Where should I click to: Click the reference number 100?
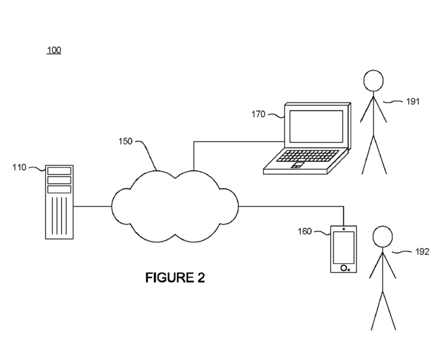pyautogui.click(x=54, y=50)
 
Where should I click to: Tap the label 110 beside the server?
pyautogui.click(x=19, y=167)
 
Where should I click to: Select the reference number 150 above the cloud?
pyautogui.click(x=125, y=142)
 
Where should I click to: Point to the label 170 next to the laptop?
pyautogui.click(x=258, y=114)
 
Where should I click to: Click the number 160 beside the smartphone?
pyautogui.click(x=304, y=232)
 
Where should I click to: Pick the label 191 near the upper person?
pyautogui.click(x=413, y=101)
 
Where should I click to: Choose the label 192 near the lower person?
pyautogui.click(x=422, y=252)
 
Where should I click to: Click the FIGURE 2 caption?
pyautogui.click(x=175, y=277)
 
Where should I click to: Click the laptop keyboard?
pyautogui.click(x=309, y=156)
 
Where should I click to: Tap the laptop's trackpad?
pyautogui.click(x=297, y=165)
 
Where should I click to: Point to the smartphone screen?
pyautogui.click(x=343, y=248)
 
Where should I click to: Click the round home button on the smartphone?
pyautogui.click(x=343, y=268)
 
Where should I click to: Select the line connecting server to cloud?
pyautogui.click(x=92, y=206)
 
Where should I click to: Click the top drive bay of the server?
pyautogui.click(x=59, y=171)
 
